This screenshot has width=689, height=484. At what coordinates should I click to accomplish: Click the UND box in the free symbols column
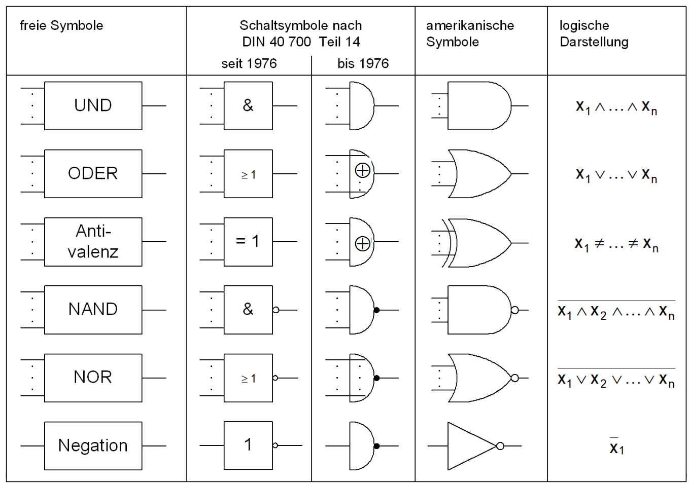pyautogui.click(x=93, y=105)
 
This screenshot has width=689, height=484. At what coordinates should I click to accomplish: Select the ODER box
pyautogui.click(x=93, y=173)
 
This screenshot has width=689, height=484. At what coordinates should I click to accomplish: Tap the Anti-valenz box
pyautogui.click(x=93, y=242)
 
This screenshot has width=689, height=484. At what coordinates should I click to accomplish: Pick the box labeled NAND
pyautogui.click(x=93, y=309)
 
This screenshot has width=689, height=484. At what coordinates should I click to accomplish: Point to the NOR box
pyautogui.click(x=93, y=378)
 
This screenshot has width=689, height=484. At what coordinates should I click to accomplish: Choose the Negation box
pyautogui.click(x=93, y=445)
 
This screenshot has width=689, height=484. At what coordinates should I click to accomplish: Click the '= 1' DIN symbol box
pyautogui.click(x=248, y=242)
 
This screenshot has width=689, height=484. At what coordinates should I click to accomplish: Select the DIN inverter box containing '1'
pyautogui.click(x=248, y=445)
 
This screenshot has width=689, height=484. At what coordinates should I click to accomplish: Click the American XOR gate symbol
pyautogui.click(x=479, y=242)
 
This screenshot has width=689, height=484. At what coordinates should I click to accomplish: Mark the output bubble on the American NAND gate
pyautogui.click(x=514, y=310)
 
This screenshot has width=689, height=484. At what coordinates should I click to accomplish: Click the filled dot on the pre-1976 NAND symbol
pyautogui.click(x=376, y=310)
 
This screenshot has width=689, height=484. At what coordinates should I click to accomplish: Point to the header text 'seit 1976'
pyautogui.click(x=249, y=63)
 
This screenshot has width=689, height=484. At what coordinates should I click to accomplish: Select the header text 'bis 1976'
pyautogui.click(x=363, y=63)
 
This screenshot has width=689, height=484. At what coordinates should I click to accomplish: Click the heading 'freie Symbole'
pyautogui.click(x=61, y=25)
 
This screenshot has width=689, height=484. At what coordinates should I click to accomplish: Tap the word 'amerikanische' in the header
pyautogui.click(x=470, y=25)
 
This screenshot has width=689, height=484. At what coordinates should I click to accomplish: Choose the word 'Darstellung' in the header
pyautogui.click(x=594, y=42)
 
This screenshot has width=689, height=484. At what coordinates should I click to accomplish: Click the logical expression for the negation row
pyautogui.click(x=616, y=447)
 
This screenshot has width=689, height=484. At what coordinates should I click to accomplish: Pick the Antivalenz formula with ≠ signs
pyautogui.click(x=616, y=244)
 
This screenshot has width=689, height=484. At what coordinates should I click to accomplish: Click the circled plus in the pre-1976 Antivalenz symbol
pyautogui.click(x=362, y=244)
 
